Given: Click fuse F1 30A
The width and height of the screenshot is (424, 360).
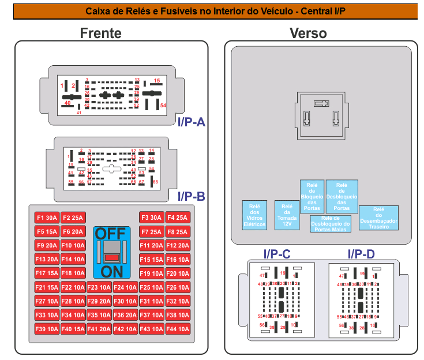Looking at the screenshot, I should pyautogui.click(x=47, y=217).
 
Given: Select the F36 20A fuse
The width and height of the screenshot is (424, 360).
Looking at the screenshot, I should pyautogui.click(x=125, y=315).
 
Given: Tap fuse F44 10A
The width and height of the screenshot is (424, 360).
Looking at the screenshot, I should pyautogui.click(x=178, y=329).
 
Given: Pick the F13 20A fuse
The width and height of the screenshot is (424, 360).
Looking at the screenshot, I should pyautogui.click(x=47, y=260).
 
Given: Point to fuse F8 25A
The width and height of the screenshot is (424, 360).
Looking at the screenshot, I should pyautogui.click(x=178, y=232).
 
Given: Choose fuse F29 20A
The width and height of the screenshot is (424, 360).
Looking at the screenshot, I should pyautogui.click(x=99, y=301).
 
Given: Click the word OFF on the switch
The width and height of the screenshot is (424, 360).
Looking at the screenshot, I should pyautogui.click(x=110, y=234).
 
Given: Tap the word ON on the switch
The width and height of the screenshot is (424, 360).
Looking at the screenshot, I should pyautogui.click(x=111, y=271).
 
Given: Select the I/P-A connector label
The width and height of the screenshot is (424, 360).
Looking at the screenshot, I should pyautogui.click(x=192, y=122).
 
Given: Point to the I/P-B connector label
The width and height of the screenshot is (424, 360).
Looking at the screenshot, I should pyautogui.click(x=192, y=196).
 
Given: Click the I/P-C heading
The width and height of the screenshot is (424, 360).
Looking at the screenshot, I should pyautogui.click(x=276, y=254).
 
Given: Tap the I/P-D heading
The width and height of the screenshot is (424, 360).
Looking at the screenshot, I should pyautogui.click(x=361, y=254).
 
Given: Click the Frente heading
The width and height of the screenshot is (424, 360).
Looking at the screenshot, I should pyautogui.click(x=101, y=33).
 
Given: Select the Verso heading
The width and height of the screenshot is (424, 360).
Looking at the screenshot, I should pyautogui.click(x=308, y=33).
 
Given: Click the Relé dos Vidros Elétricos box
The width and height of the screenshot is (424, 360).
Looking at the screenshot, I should pyautogui.click(x=254, y=215).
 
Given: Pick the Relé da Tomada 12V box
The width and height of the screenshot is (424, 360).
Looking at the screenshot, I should pyautogui.click(x=287, y=215).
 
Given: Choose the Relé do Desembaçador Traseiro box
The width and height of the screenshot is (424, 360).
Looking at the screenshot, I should pyautogui.click(x=378, y=218).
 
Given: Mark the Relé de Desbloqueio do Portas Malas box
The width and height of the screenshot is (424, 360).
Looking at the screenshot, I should pyautogui.click(x=330, y=223).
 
